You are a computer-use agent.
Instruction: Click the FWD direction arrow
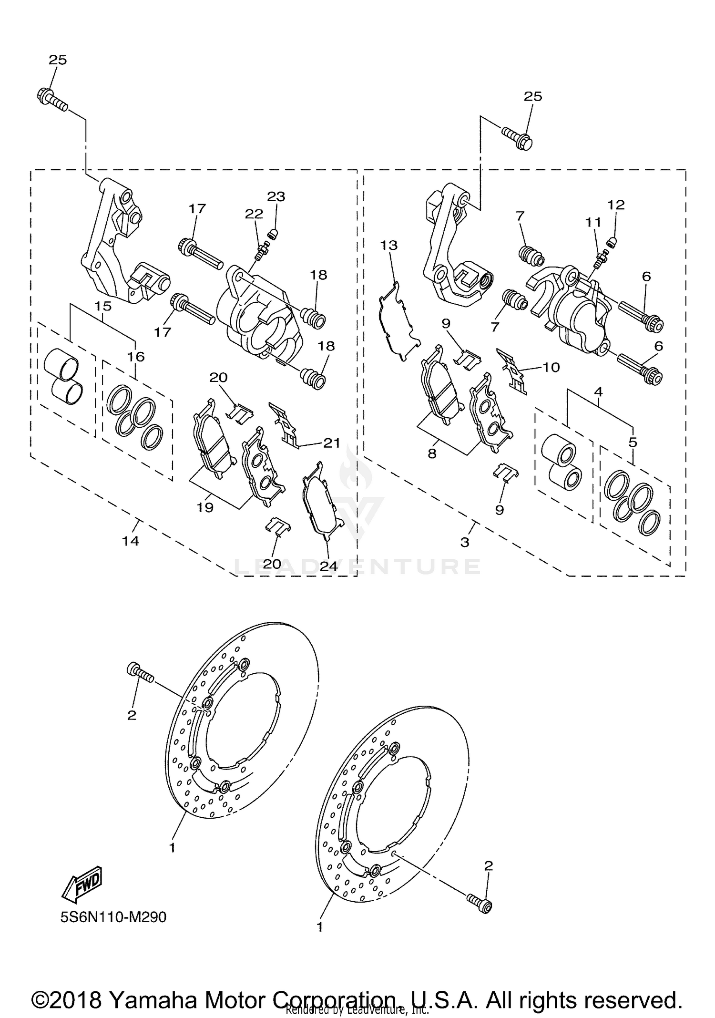click(x=82, y=884)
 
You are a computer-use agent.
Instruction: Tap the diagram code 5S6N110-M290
click(x=113, y=917)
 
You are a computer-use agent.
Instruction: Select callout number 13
click(x=388, y=245)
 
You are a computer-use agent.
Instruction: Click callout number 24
click(x=328, y=566)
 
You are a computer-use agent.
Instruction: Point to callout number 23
click(x=276, y=196)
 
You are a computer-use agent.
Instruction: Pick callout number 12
click(x=616, y=205)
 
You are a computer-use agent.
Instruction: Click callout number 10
click(x=551, y=367)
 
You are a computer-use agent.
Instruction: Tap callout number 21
click(x=332, y=443)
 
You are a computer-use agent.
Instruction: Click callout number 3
click(x=465, y=542)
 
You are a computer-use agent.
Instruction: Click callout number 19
click(x=205, y=507)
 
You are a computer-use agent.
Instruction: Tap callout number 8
click(x=432, y=453)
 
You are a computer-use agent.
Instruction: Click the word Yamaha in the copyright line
click(x=153, y=987)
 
